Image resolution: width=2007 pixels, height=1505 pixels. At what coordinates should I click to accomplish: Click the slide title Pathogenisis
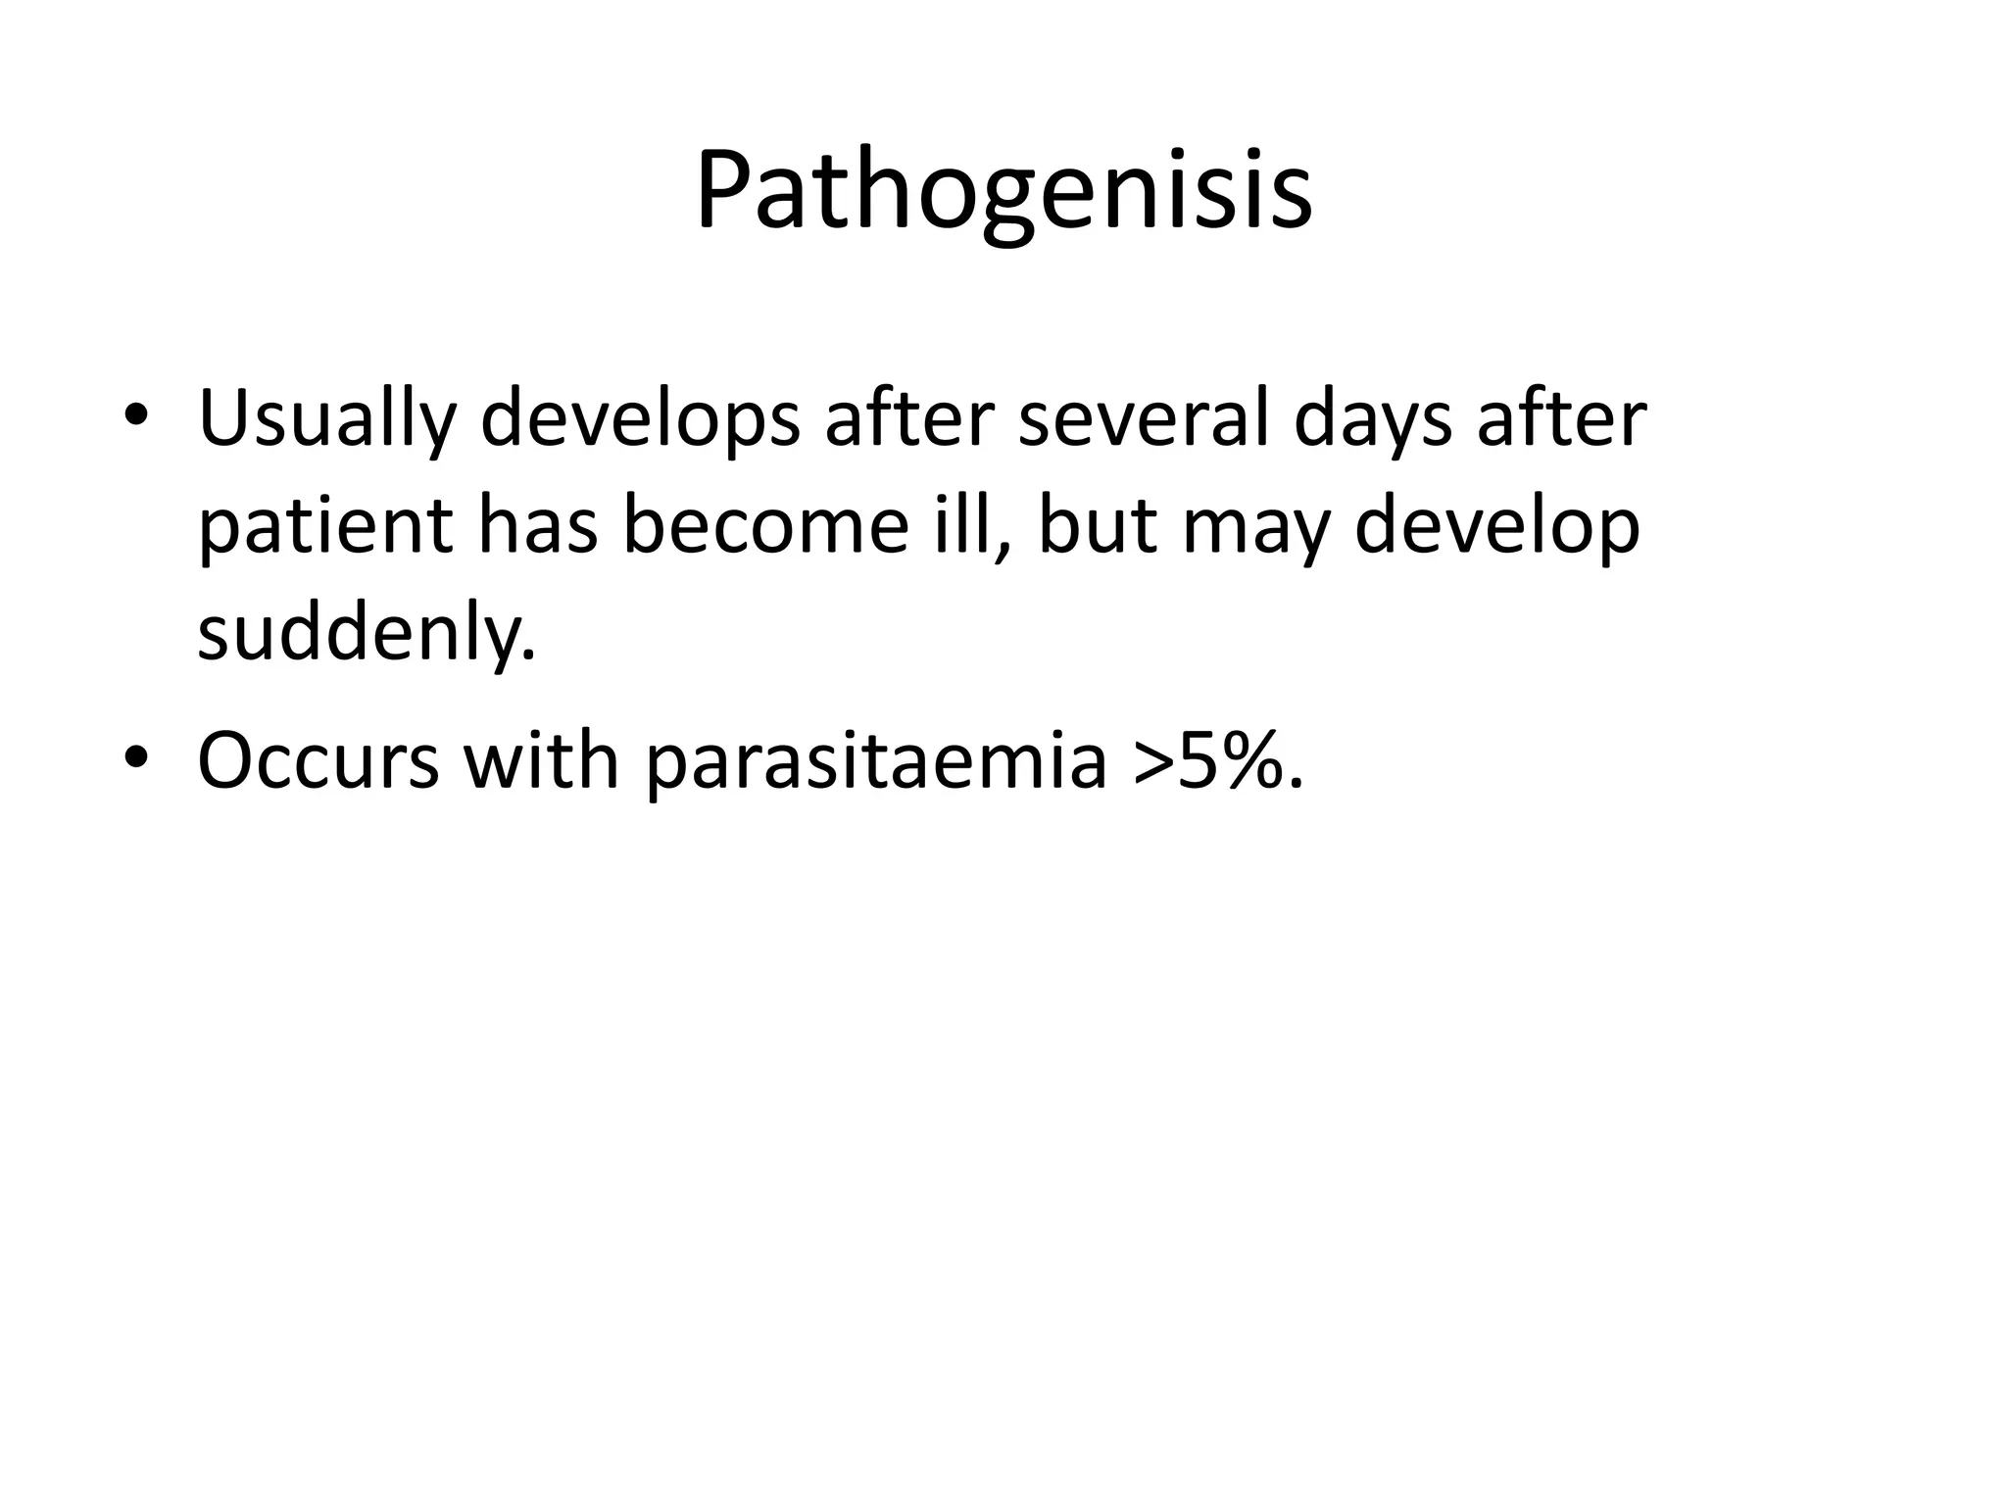[x=1003, y=191]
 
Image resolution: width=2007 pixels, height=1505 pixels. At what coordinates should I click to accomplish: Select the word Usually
[x=327, y=421]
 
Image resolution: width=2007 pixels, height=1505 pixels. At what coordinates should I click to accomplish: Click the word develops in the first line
[x=640, y=421]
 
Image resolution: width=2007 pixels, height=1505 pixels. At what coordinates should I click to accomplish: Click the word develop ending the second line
[x=1497, y=529]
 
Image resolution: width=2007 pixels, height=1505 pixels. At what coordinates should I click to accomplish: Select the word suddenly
[x=366, y=635]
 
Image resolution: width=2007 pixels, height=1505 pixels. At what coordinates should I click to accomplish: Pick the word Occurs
[x=318, y=761]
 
